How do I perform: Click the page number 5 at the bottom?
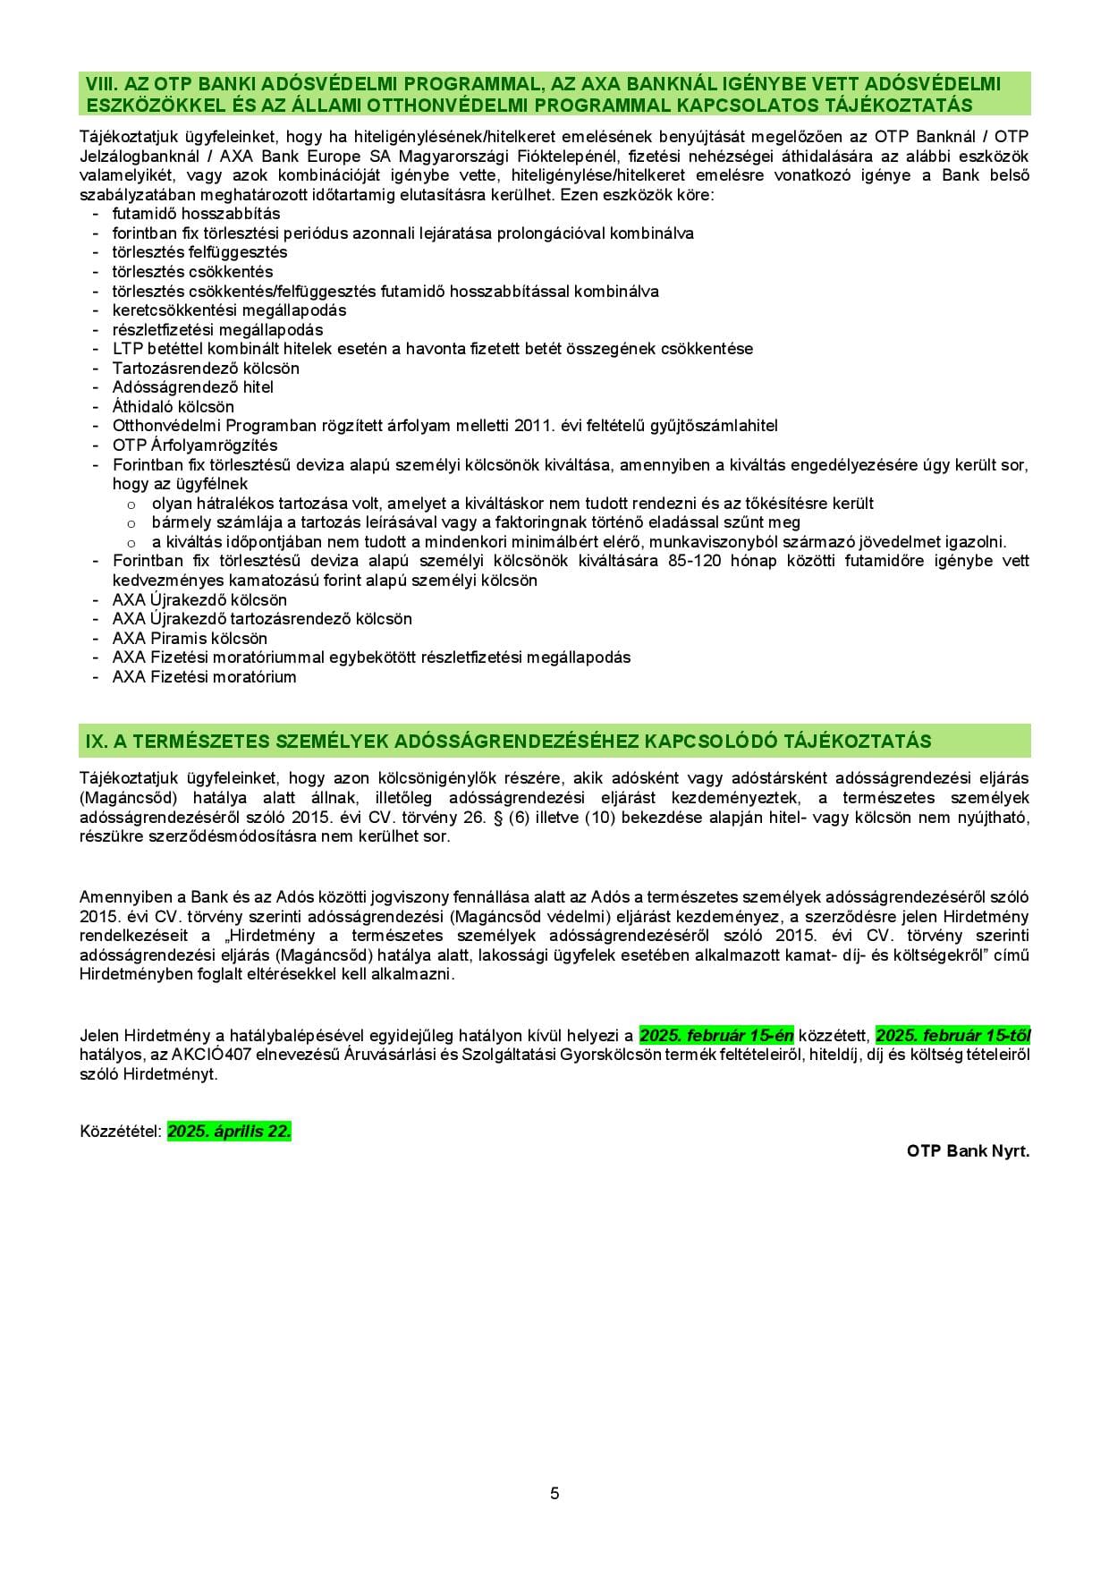[554, 1493]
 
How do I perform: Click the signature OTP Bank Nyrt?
[968, 1151]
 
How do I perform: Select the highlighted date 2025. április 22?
[229, 1132]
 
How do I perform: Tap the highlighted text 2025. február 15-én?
[716, 1036]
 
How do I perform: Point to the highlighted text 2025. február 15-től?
[952, 1036]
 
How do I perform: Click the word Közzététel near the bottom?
[120, 1132]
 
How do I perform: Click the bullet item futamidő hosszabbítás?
[196, 214]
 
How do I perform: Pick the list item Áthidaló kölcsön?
[173, 407]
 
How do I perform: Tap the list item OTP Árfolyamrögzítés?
[195, 445]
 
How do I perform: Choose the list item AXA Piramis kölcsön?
[190, 639]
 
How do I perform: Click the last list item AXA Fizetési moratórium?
[204, 677]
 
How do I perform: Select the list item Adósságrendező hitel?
[192, 387]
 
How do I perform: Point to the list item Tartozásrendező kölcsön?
[206, 369]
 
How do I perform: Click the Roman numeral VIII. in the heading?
[101, 84]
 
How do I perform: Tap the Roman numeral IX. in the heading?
[96, 742]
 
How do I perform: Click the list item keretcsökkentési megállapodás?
[229, 310]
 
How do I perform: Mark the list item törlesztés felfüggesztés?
[199, 252]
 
